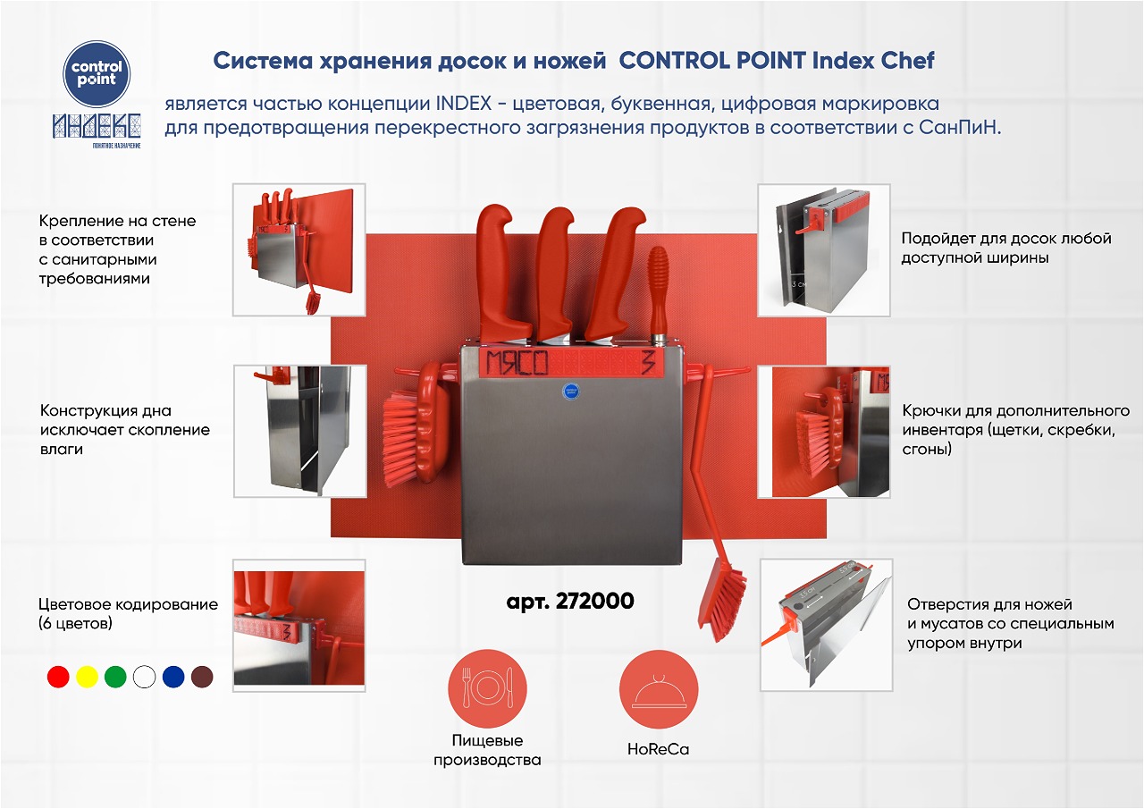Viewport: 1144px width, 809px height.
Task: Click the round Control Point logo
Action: point(97,74)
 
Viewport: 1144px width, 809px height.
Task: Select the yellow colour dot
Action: point(87,677)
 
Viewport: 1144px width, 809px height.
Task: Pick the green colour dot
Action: point(115,677)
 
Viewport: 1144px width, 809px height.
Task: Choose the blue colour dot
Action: point(173,677)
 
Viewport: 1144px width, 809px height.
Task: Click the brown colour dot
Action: point(202,677)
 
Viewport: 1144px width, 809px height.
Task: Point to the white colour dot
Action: point(144,677)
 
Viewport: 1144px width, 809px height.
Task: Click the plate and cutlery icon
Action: point(487,688)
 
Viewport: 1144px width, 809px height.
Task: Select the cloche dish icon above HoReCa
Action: point(659,688)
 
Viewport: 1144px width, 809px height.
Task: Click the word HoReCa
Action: point(659,749)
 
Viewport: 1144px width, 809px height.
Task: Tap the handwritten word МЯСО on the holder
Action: point(517,362)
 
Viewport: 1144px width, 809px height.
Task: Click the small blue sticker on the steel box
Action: point(571,392)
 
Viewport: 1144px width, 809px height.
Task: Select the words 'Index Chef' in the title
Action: point(873,61)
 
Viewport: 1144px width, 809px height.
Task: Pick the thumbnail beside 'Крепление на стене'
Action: point(299,249)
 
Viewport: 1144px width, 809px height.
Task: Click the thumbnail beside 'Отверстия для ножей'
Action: point(827,625)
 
